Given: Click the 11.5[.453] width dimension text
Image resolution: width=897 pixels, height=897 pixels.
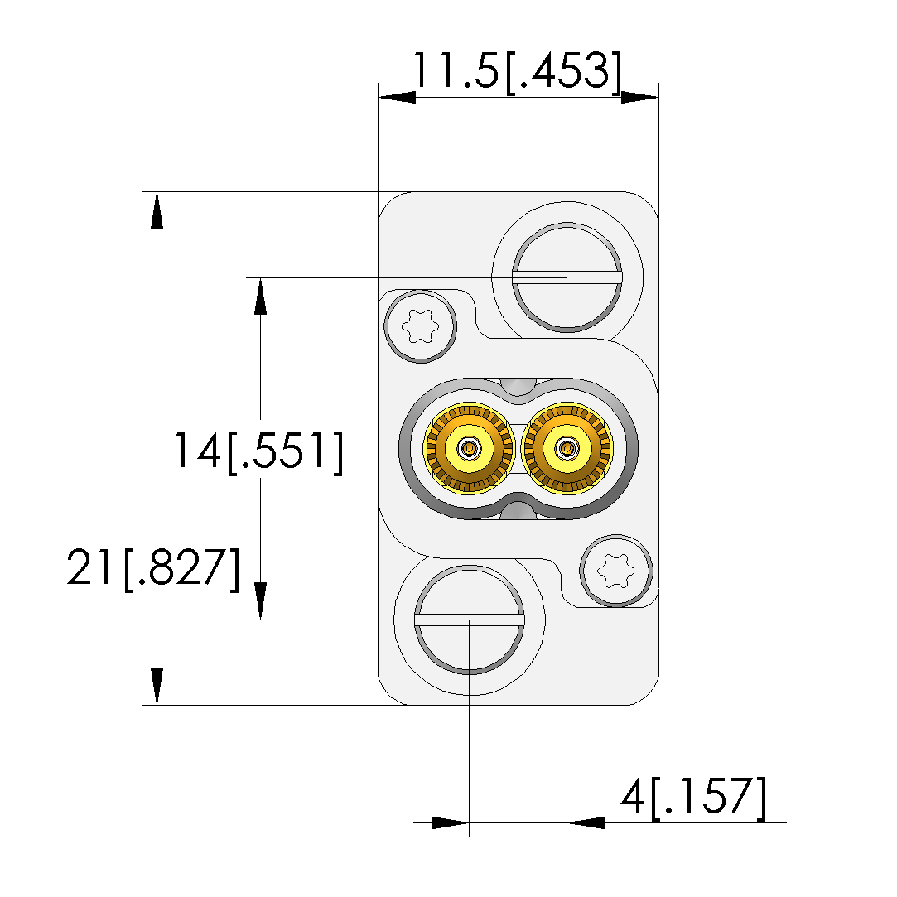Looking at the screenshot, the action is [517, 71].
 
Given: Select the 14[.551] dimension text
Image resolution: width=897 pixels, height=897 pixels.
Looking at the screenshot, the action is [258, 452].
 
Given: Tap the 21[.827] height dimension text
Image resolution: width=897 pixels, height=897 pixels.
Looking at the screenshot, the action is [153, 568].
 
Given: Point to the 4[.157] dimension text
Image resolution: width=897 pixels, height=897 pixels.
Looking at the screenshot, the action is [693, 797].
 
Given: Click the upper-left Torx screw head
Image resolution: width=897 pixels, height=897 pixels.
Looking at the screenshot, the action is [421, 326].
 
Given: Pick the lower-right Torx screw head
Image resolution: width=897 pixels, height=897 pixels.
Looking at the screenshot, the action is [616, 571].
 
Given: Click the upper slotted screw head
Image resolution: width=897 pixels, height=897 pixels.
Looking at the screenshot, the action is [567, 277].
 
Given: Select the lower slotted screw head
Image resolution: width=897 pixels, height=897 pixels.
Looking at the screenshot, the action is [469, 620].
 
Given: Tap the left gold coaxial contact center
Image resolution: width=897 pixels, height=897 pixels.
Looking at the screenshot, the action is [469, 449].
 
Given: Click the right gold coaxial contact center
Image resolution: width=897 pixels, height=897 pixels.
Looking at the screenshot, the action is [567, 449].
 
